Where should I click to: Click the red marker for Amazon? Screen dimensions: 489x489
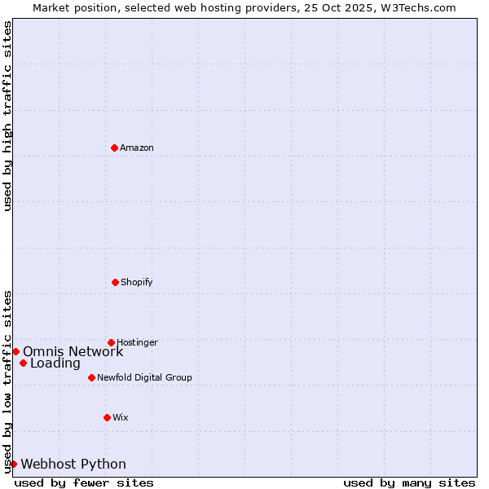click(x=114, y=148)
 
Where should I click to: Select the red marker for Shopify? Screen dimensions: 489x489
click(x=115, y=282)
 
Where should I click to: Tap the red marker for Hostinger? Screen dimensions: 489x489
click(x=111, y=342)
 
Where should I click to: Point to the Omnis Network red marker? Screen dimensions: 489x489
click(x=15, y=351)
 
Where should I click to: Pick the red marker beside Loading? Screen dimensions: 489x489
click(x=23, y=363)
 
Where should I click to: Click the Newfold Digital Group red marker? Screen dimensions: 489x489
click(x=91, y=377)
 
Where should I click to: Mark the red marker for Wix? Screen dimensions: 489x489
click(x=107, y=417)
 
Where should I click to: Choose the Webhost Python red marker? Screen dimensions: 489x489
click(x=13, y=464)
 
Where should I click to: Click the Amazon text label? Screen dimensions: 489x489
click(x=137, y=148)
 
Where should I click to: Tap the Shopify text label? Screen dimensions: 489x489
click(x=137, y=283)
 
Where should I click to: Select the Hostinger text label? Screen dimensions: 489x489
click(x=137, y=343)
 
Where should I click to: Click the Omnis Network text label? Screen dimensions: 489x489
click(x=73, y=352)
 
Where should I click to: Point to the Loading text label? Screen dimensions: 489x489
click(x=55, y=363)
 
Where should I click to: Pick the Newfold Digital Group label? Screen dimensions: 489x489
click(x=144, y=378)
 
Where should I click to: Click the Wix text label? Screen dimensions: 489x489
click(x=121, y=418)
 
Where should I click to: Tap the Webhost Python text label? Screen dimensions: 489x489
click(x=73, y=465)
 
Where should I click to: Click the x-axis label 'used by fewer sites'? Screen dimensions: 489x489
click(x=84, y=483)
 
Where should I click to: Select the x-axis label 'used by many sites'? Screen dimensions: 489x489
click(x=409, y=483)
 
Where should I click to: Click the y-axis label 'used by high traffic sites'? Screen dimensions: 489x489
click(x=7, y=117)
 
